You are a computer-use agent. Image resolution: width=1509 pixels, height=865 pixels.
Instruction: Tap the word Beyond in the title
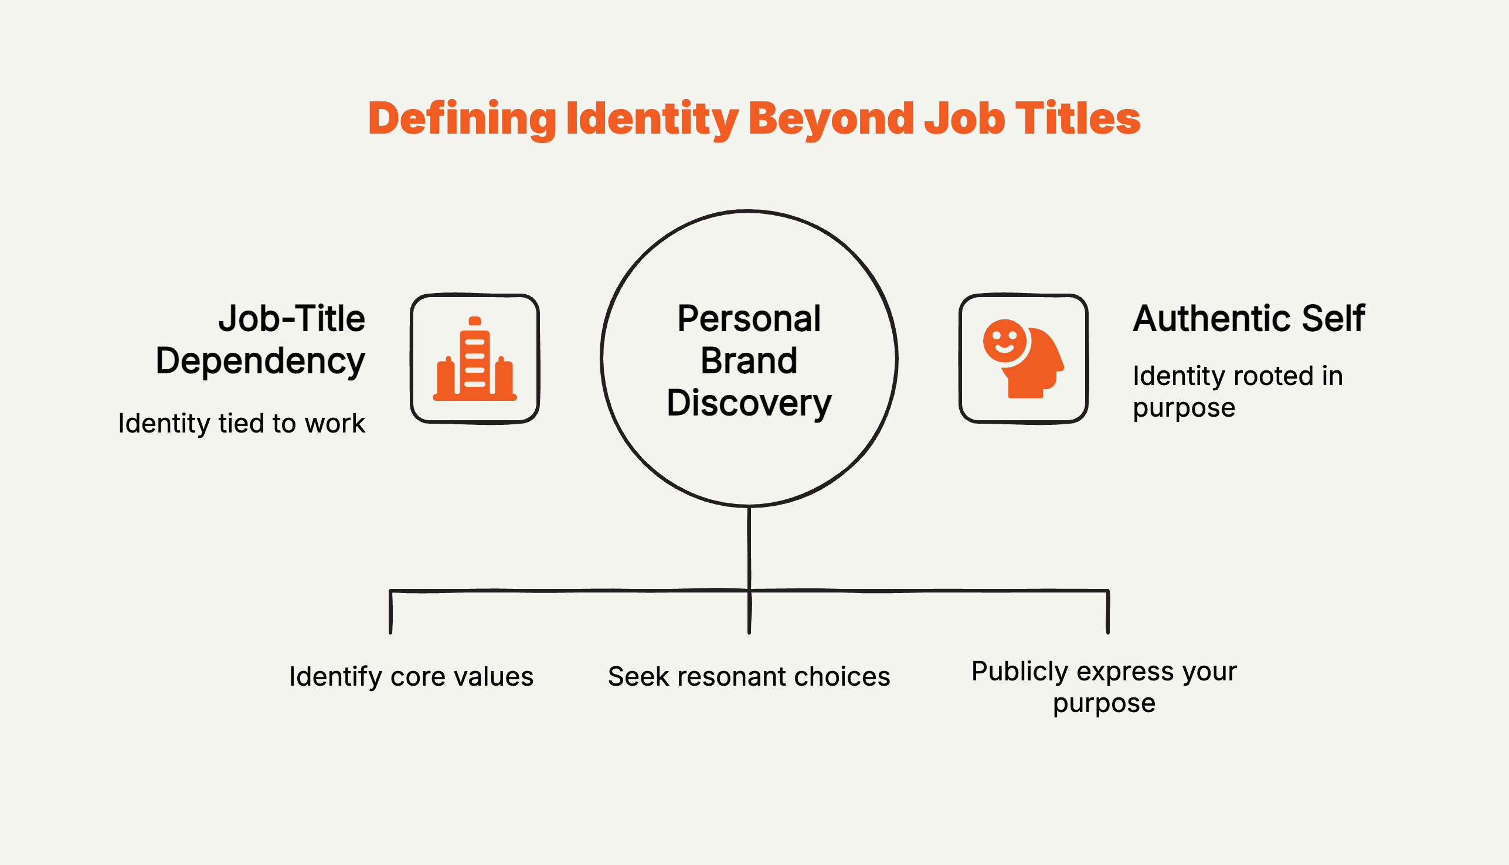pyautogui.click(x=831, y=119)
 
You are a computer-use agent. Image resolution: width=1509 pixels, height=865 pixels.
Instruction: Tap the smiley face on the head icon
pyautogui.click(x=1004, y=341)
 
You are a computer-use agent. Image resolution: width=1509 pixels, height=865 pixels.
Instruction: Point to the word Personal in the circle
pyautogui.click(x=749, y=319)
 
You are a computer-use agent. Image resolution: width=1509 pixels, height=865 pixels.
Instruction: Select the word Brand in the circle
pyautogui.click(x=749, y=361)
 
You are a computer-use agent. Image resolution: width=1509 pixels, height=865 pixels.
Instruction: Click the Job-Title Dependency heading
pyautogui.click(x=261, y=340)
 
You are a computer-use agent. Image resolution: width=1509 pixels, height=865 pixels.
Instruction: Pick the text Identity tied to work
pyautogui.click(x=242, y=424)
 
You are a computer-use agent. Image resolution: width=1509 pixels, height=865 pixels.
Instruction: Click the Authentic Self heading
pyautogui.click(x=1249, y=319)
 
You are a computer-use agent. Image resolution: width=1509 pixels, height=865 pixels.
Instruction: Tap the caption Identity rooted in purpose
pyautogui.click(x=1236, y=391)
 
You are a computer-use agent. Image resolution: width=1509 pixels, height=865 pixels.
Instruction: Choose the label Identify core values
pyautogui.click(x=412, y=677)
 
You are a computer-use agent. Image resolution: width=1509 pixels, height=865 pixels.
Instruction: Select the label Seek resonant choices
pyautogui.click(x=749, y=677)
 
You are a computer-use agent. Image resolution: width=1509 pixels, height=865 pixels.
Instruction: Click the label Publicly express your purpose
pyautogui.click(x=1104, y=687)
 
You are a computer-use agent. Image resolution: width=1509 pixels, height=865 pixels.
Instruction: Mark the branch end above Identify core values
pyautogui.click(x=390, y=630)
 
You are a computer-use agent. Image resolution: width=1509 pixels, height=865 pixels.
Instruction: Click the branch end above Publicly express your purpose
pyautogui.click(x=1108, y=630)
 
